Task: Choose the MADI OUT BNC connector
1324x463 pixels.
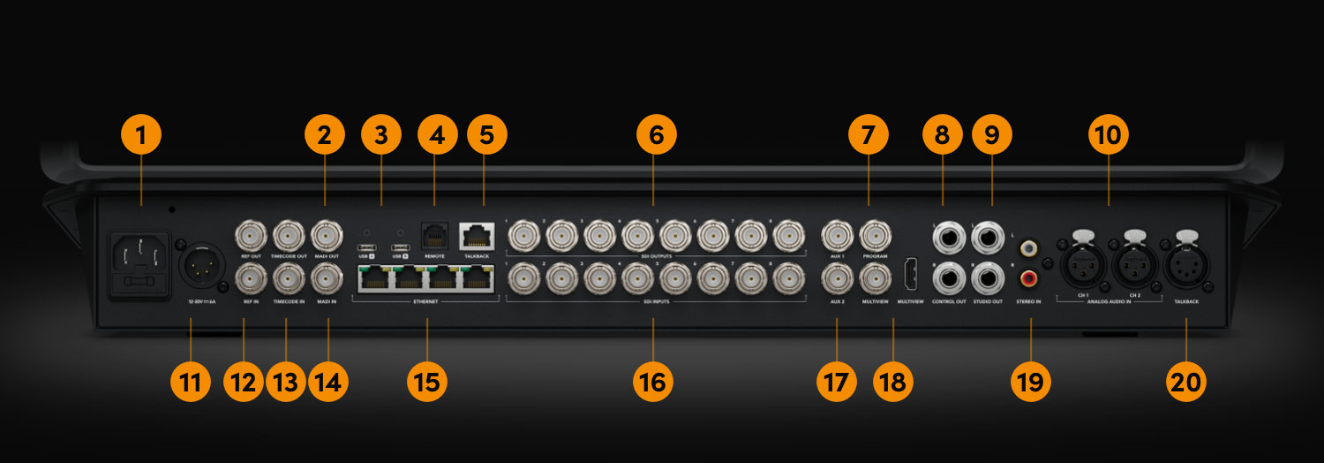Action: click(328, 236)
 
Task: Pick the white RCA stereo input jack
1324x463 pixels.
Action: click(1028, 250)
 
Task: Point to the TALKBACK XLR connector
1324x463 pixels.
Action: click(1186, 264)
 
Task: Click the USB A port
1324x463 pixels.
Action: click(365, 247)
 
